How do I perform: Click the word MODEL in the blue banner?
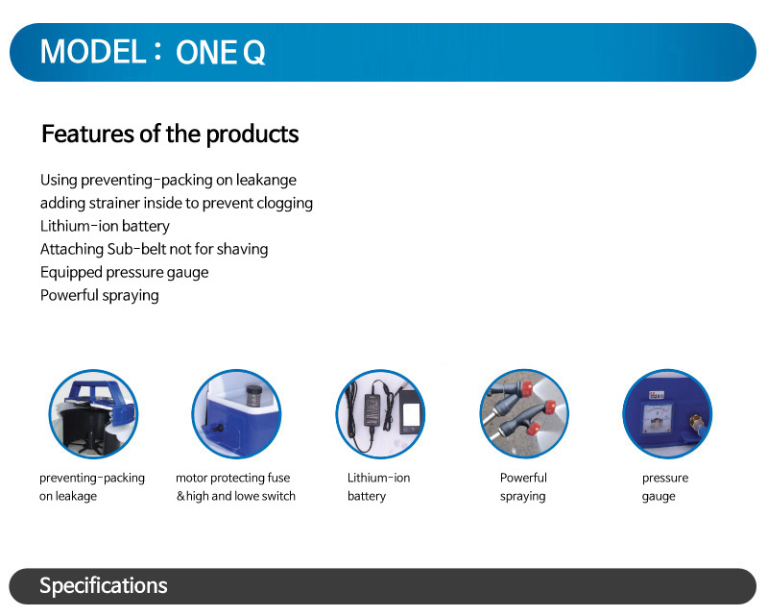93,52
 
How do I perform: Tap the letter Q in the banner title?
253,53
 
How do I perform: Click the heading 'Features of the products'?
170,134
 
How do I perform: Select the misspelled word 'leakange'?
266,181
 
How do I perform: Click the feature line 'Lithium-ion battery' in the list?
105,227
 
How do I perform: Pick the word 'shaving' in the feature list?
242,250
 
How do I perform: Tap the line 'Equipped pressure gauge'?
125,273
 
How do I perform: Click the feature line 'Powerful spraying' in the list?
100,296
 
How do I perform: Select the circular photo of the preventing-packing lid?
93,414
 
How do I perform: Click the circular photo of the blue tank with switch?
236,414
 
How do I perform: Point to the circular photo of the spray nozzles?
524,414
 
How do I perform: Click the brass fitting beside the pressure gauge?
696,422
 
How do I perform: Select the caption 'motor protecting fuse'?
232,479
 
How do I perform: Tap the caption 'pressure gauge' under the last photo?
665,487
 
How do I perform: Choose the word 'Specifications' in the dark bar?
104,586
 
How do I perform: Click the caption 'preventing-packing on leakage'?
92,487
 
